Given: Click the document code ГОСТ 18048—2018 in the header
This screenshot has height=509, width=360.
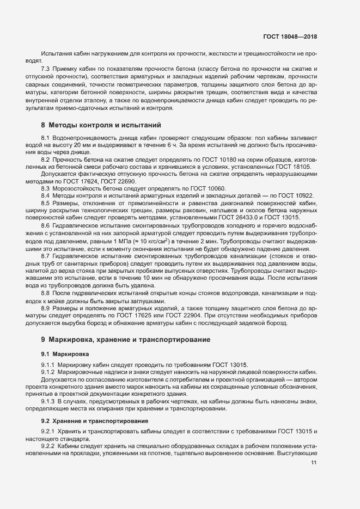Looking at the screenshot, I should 290,36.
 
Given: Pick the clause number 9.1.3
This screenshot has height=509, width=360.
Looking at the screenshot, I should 48,401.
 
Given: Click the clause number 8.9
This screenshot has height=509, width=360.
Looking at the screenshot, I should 46,308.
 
